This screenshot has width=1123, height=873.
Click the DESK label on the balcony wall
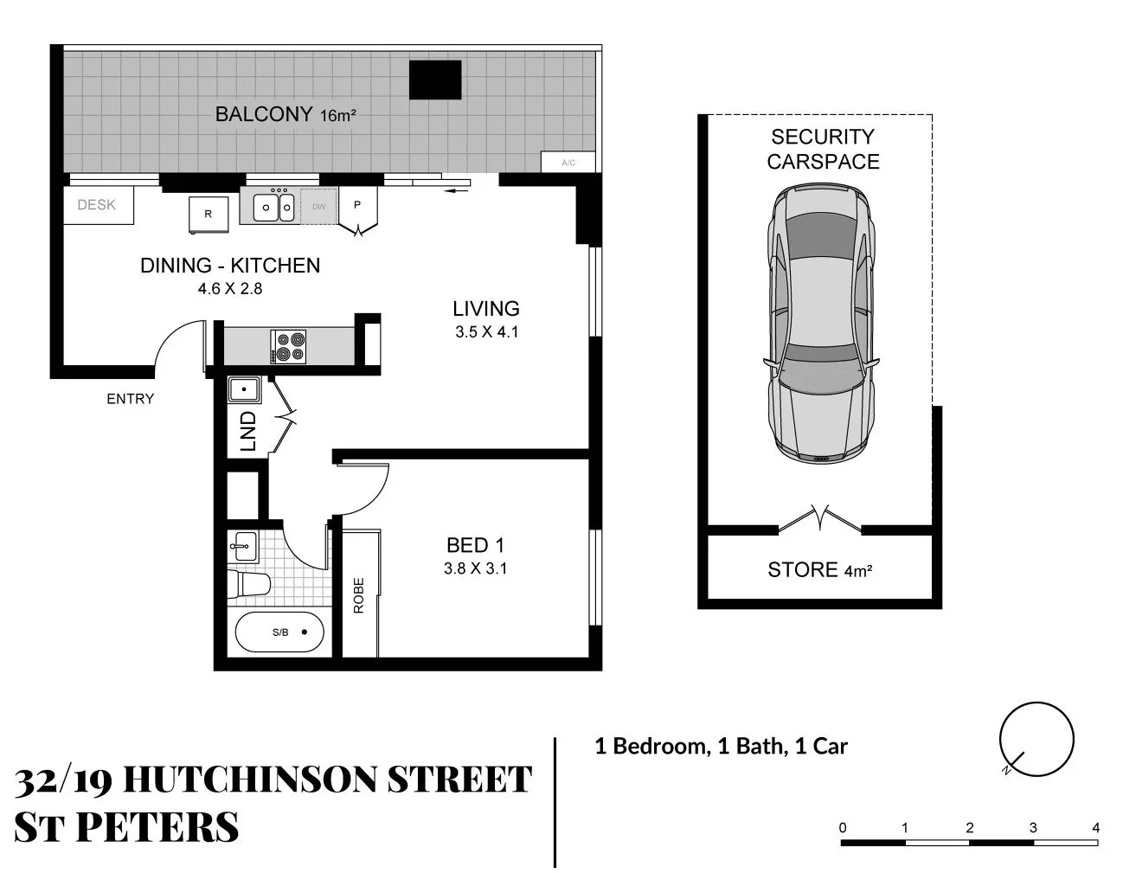click(x=96, y=205)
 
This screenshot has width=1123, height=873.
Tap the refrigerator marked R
click(x=208, y=214)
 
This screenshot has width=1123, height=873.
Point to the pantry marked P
click(x=356, y=206)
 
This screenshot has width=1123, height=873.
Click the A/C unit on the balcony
click(x=568, y=163)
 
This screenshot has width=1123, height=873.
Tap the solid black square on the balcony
click(x=435, y=80)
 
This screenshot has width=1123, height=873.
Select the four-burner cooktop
click(x=288, y=346)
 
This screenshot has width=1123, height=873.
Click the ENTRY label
click(x=130, y=399)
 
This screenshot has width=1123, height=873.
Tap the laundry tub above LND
click(x=245, y=390)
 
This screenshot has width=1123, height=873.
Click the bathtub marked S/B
click(x=279, y=632)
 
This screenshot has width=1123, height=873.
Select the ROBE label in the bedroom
click(x=358, y=595)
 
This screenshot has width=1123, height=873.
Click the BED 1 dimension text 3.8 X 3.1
click(x=475, y=568)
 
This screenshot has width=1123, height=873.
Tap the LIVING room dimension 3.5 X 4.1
click(x=486, y=331)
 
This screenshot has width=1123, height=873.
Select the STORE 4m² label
click(x=818, y=569)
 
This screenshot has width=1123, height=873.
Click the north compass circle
click(x=1036, y=741)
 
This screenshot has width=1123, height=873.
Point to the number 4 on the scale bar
click(x=1095, y=828)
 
